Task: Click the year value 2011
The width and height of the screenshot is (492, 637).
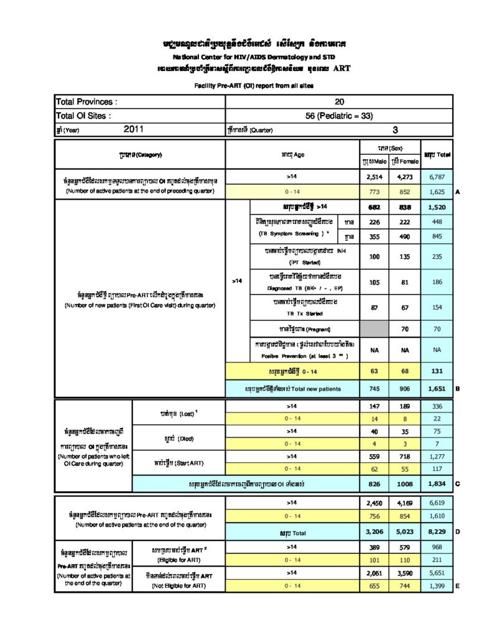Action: tap(134, 129)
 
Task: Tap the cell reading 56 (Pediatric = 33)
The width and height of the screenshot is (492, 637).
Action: tap(339, 116)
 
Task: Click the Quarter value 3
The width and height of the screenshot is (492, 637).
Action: tap(395, 130)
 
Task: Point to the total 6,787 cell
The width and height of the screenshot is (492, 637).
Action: tap(437, 177)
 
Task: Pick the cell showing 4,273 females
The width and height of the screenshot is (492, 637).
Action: tap(405, 177)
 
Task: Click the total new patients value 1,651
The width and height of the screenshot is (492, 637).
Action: tap(437, 389)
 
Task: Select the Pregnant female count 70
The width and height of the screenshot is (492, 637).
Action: tap(405, 328)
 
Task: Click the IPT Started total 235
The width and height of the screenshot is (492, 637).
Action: tap(437, 256)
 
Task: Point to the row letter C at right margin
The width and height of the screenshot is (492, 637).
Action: tap(458, 483)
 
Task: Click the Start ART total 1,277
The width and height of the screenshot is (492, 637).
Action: tap(437, 457)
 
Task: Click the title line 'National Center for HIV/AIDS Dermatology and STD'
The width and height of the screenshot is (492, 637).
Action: tap(245, 57)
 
